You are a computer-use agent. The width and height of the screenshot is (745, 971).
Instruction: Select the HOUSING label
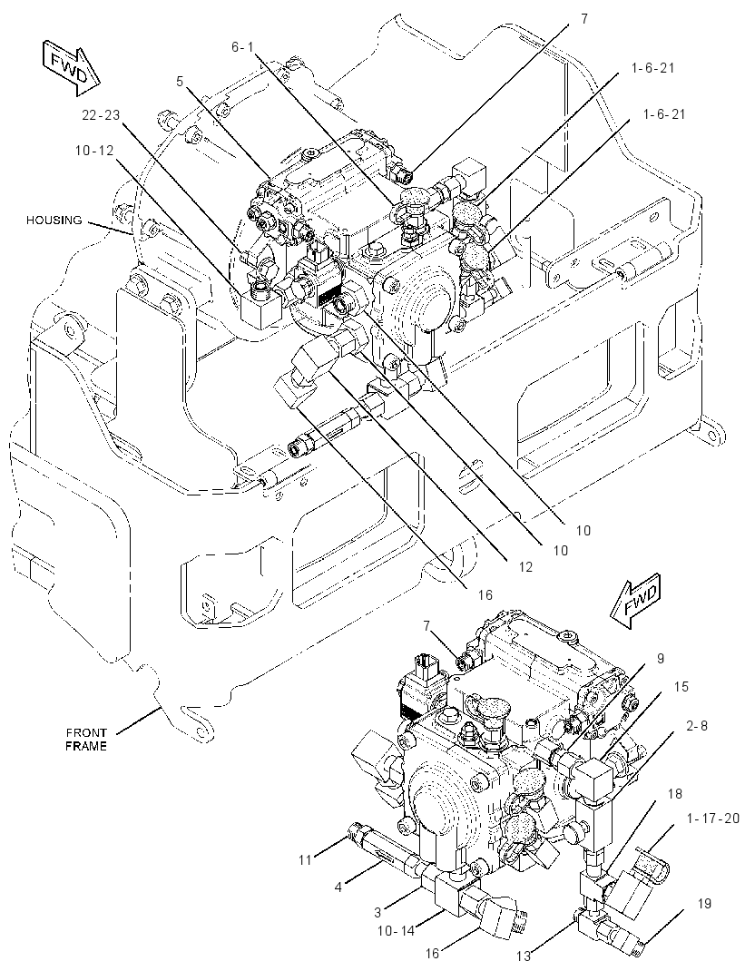click(54, 220)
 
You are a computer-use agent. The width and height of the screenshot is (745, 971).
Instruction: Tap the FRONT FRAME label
click(86, 740)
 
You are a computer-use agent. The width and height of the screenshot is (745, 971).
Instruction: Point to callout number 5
click(179, 81)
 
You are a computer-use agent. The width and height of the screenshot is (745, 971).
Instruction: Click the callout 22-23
click(101, 114)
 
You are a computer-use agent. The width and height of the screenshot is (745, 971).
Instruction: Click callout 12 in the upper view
click(525, 566)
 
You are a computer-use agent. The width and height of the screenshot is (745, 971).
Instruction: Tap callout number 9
click(661, 658)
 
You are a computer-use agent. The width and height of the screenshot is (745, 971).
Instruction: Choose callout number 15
click(681, 687)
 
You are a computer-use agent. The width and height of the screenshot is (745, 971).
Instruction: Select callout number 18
click(674, 793)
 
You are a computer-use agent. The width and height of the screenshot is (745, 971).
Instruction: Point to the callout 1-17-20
click(713, 819)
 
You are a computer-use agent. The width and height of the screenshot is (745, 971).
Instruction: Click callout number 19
click(704, 886)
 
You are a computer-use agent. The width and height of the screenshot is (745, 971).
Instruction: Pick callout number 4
click(338, 887)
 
